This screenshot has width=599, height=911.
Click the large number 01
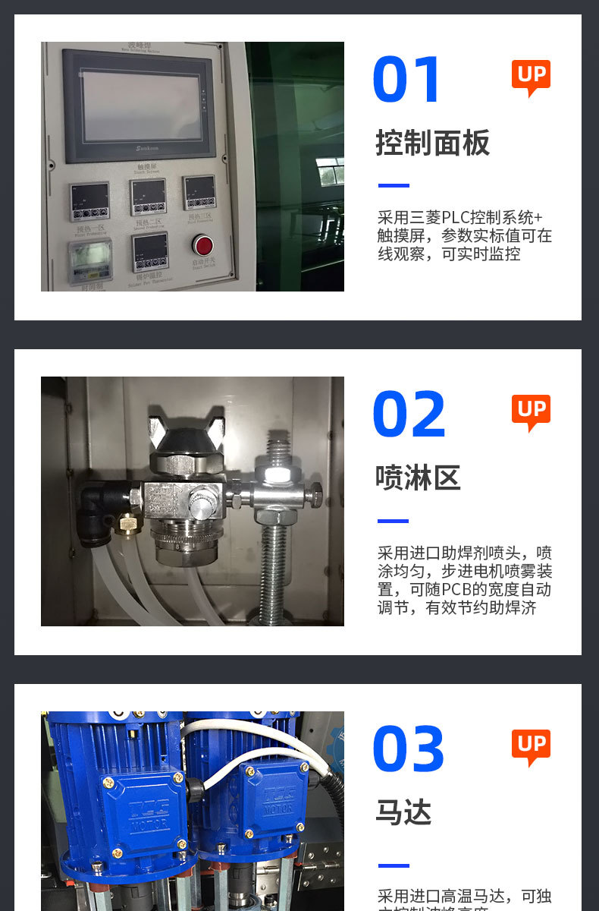point(407,80)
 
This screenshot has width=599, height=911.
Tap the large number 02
point(409,415)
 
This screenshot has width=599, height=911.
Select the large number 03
point(409,749)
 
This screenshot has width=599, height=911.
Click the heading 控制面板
point(433,143)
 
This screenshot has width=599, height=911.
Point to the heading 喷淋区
point(418,478)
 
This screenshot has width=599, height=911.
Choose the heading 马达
point(403,813)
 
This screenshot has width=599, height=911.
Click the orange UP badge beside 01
point(531,77)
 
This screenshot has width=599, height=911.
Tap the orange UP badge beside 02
point(531,411)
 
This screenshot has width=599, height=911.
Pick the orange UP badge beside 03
point(531,746)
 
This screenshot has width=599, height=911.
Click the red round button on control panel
point(202,244)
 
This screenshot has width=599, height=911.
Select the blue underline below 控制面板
point(394,186)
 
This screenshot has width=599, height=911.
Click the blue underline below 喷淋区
point(394,522)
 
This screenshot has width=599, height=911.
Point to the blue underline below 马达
point(394,865)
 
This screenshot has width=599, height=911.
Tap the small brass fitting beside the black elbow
point(126,523)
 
